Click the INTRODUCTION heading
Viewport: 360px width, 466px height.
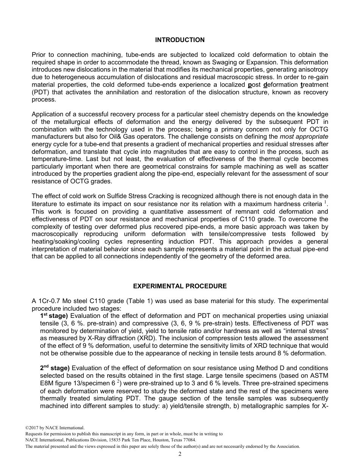tap(180, 40)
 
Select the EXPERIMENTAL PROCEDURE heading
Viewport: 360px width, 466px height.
tap(180, 286)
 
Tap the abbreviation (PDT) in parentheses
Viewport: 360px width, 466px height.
tap(41, 92)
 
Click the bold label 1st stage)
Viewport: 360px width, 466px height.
tap(54, 316)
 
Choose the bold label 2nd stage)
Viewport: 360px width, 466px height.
tap(55, 368)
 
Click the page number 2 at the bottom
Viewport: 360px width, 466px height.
tap(180, 454)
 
